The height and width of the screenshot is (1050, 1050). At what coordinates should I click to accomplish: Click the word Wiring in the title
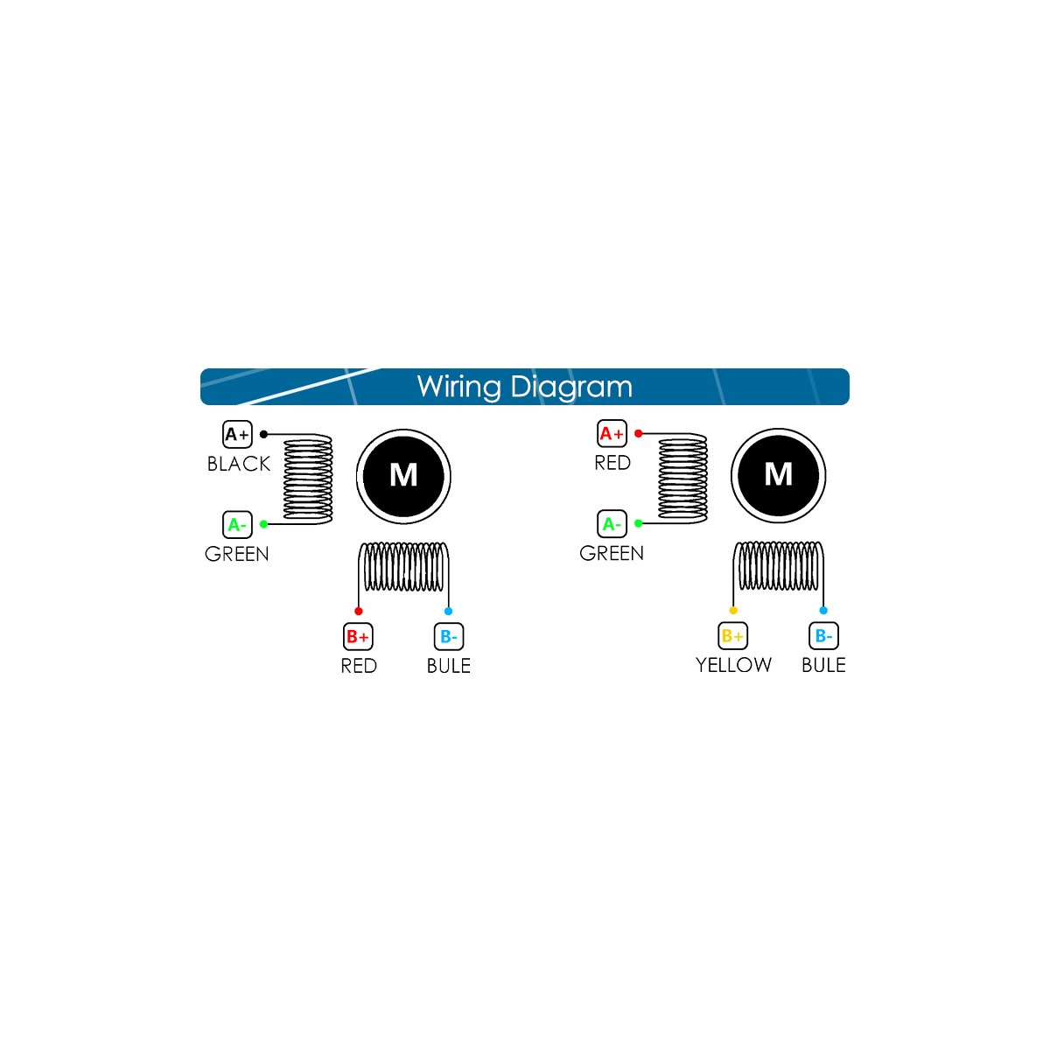[x=458, y=388]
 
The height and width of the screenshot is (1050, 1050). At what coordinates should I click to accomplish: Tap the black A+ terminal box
[x=237, y=434]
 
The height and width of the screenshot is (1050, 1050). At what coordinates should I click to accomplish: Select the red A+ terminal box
[x=612, y=433]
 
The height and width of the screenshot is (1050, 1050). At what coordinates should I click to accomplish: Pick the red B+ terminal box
[x=358, y=636]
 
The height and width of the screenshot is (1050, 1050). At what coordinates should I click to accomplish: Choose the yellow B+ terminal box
[x=732, y=635]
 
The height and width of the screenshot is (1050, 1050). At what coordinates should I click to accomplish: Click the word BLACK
[x=239, y=464]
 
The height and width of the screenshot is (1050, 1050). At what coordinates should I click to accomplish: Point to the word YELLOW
[x=733, y=665]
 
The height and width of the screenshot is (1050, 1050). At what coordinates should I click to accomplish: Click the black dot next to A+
[x=263, y=434]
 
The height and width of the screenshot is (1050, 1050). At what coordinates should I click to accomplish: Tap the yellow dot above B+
[x=733, y=610]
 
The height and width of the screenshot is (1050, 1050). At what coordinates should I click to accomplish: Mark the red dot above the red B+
[x=358, y=611]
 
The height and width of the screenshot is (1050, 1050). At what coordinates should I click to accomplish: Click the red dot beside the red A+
[x=638, y=433]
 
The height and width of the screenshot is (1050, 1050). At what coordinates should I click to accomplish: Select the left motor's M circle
[x=403, y=476]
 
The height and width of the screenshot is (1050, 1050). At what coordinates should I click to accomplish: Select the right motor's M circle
[x=778, y=475]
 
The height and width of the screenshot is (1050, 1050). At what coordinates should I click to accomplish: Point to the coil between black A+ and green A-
[x=308, y=479]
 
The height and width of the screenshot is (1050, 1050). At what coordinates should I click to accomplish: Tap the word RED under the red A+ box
[x=612, y=463]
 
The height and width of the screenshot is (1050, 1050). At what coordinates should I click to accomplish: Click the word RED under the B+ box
[x=359, y=665]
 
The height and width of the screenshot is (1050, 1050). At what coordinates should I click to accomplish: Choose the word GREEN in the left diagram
[x=237, y=554]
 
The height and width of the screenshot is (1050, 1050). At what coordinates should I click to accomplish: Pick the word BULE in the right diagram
[x=823, y=665]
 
